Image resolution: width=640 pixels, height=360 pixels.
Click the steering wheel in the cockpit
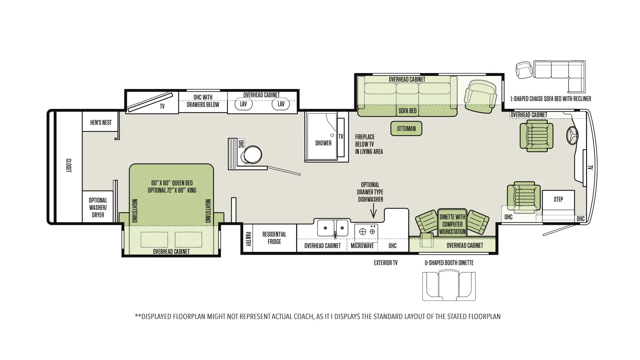pos(572,136)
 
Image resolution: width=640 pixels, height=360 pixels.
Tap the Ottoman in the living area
pos(406,129)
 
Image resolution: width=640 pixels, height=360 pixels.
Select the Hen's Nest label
pos(101,123)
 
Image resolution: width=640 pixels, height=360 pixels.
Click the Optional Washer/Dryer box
pos(98,207)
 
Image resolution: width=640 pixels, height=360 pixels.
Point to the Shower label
pos(323,143)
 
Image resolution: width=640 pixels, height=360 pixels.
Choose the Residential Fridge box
pos(274,238)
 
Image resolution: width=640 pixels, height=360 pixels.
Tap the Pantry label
pos(248,239)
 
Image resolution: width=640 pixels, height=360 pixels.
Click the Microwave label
pos(362,246)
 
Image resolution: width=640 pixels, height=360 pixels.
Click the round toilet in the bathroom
pos(253,154)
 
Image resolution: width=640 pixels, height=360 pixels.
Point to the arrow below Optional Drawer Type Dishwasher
pos(373,211)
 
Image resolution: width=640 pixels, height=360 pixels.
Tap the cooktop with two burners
pos(366,231)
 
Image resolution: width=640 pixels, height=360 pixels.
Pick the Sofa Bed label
pos(408,111)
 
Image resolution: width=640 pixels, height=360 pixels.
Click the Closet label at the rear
pos(69,165)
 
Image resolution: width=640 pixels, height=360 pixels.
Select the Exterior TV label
pos(386,263)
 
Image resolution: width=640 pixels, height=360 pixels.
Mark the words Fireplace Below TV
pos(365,140)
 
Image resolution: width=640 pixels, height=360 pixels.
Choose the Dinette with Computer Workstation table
pos(452,223)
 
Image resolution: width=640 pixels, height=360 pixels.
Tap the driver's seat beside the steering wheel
pos(536,136)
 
